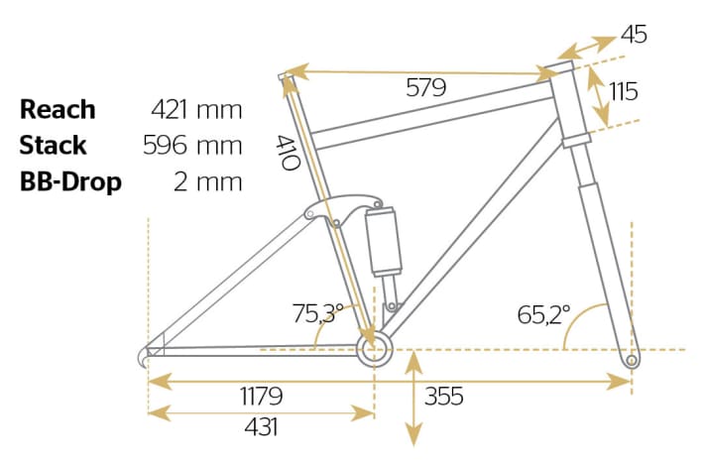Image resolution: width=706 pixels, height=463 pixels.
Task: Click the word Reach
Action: point(58,109)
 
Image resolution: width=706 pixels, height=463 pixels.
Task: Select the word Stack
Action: point(53,146)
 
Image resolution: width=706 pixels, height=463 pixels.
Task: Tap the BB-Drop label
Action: point(69,183)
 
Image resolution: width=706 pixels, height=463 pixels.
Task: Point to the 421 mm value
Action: point(196,109)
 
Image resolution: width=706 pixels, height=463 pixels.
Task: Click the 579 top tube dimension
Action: point(425,87)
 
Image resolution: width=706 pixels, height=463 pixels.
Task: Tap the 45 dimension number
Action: point(634,35)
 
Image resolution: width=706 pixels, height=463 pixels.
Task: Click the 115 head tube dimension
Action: point(623,91)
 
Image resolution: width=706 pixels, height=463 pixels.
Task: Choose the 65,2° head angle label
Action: point(543,315)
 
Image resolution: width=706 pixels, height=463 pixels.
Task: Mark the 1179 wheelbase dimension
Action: point(262,397)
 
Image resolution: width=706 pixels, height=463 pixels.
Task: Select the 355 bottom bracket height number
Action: point(445,397)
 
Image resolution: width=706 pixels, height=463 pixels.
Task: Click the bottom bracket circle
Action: point(374,349)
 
